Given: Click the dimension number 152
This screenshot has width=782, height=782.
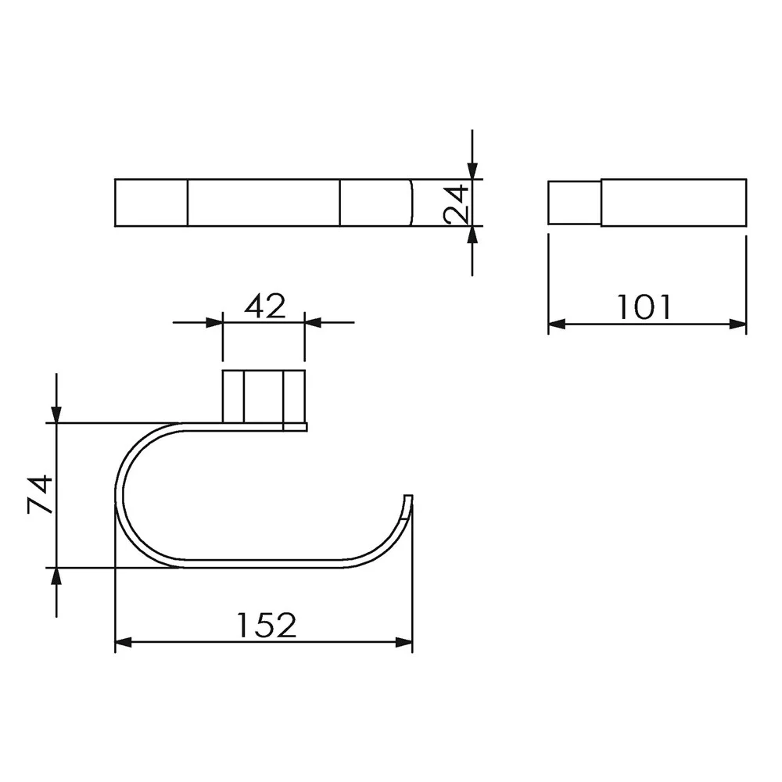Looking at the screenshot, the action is (x=267, y=625).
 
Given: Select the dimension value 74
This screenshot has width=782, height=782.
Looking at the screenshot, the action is (x=40, y=494).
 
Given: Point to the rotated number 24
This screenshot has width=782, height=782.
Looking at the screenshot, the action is (x=457, y=204).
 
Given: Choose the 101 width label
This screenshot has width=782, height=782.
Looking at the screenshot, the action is (x=645, y=307).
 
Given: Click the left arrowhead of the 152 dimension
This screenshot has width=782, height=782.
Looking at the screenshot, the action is (x=124, y=642).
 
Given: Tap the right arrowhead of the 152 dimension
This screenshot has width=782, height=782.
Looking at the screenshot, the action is (x=404, y=642).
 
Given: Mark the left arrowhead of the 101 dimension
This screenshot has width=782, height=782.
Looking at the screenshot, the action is (x=557, y=325).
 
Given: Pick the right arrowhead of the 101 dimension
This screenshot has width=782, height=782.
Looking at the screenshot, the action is (x=738, y=325).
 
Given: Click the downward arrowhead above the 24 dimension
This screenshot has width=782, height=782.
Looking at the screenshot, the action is (x=472, y=170).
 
